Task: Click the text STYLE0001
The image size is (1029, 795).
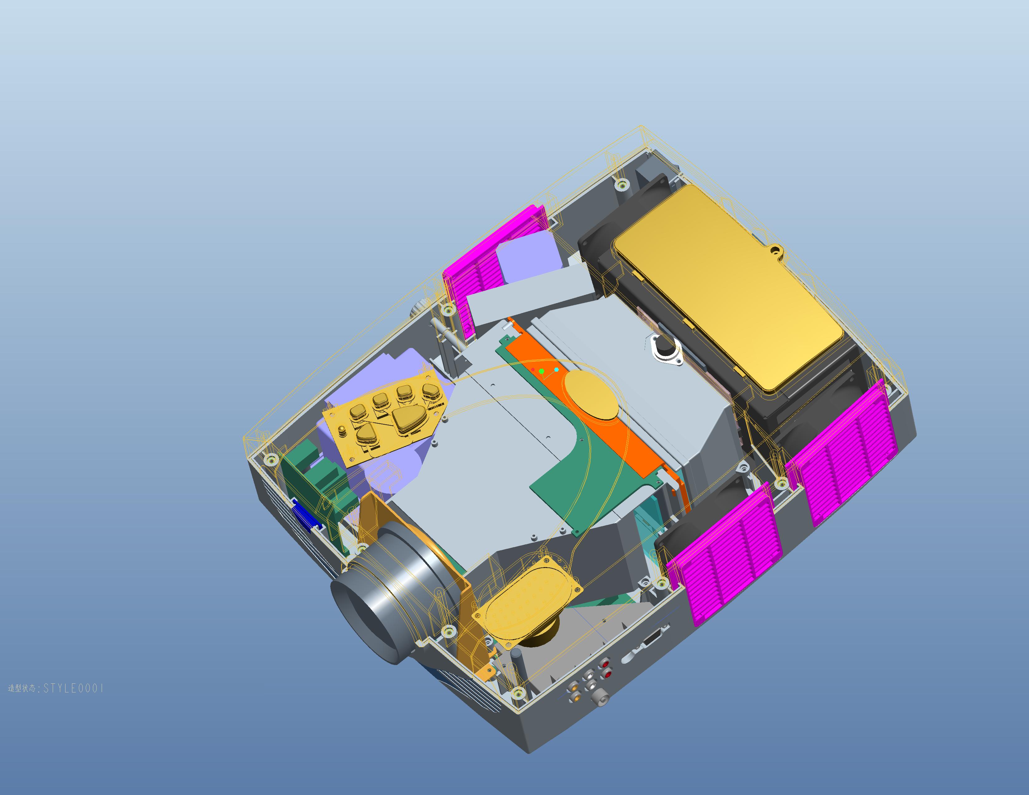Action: point(73,688)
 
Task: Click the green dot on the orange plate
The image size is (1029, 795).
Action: point(542,372)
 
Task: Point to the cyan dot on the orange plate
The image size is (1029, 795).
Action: point(557,370)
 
